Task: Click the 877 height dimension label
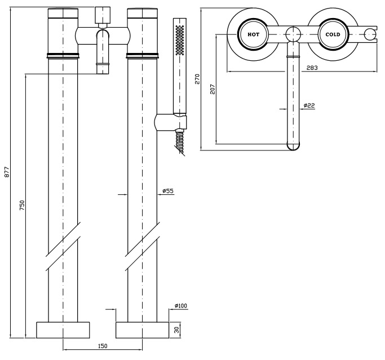7,172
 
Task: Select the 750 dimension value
22,206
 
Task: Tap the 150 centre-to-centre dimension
103,346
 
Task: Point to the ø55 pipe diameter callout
168,192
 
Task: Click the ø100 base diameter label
181,306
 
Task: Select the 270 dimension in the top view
197,79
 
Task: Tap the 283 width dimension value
313,68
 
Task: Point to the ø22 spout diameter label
308,105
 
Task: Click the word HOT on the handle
253,34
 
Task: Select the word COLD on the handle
333,34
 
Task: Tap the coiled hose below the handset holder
180,141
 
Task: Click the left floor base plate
63,330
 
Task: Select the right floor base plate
143,330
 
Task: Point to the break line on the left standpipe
63,246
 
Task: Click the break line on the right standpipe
143,246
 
